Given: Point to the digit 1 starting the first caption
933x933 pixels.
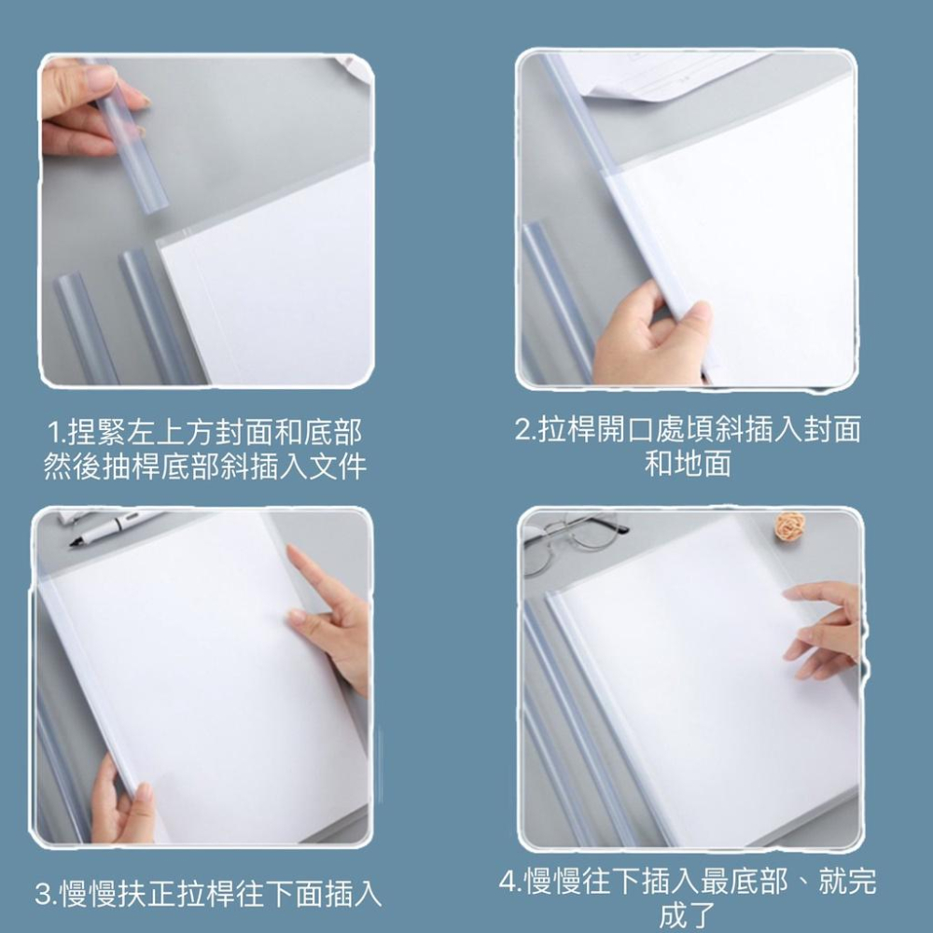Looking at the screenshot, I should [55, 433].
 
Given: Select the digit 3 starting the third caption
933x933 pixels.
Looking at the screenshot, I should [43, 895].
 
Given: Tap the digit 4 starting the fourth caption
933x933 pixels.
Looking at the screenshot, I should [508, 883].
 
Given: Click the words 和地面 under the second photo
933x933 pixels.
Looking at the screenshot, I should [688, 464].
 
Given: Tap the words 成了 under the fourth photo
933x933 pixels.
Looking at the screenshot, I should [688, 915].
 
